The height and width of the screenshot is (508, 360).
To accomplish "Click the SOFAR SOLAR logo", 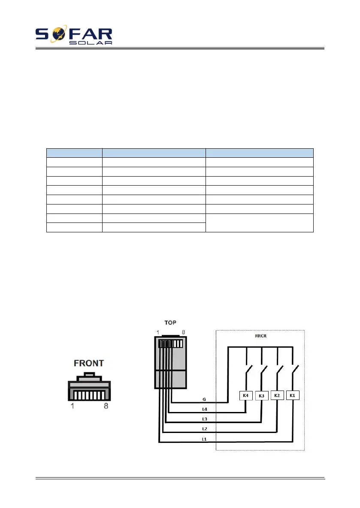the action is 74,36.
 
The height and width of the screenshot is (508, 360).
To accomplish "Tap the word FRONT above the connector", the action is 89,363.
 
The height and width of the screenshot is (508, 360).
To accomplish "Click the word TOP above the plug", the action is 170,322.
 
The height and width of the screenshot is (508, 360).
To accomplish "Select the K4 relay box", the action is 246,395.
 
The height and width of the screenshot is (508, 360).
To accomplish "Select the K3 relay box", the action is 261,395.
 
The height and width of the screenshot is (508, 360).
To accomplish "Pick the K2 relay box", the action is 277,395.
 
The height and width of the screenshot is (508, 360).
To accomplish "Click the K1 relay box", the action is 293,395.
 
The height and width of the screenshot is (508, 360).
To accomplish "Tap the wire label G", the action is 204,399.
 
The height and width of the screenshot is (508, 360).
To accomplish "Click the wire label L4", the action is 205,409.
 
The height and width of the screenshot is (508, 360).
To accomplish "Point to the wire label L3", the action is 205,419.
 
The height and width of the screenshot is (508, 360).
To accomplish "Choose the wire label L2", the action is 205,429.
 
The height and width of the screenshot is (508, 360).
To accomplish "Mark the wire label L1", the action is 205,439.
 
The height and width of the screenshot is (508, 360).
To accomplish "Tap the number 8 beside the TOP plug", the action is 184,332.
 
